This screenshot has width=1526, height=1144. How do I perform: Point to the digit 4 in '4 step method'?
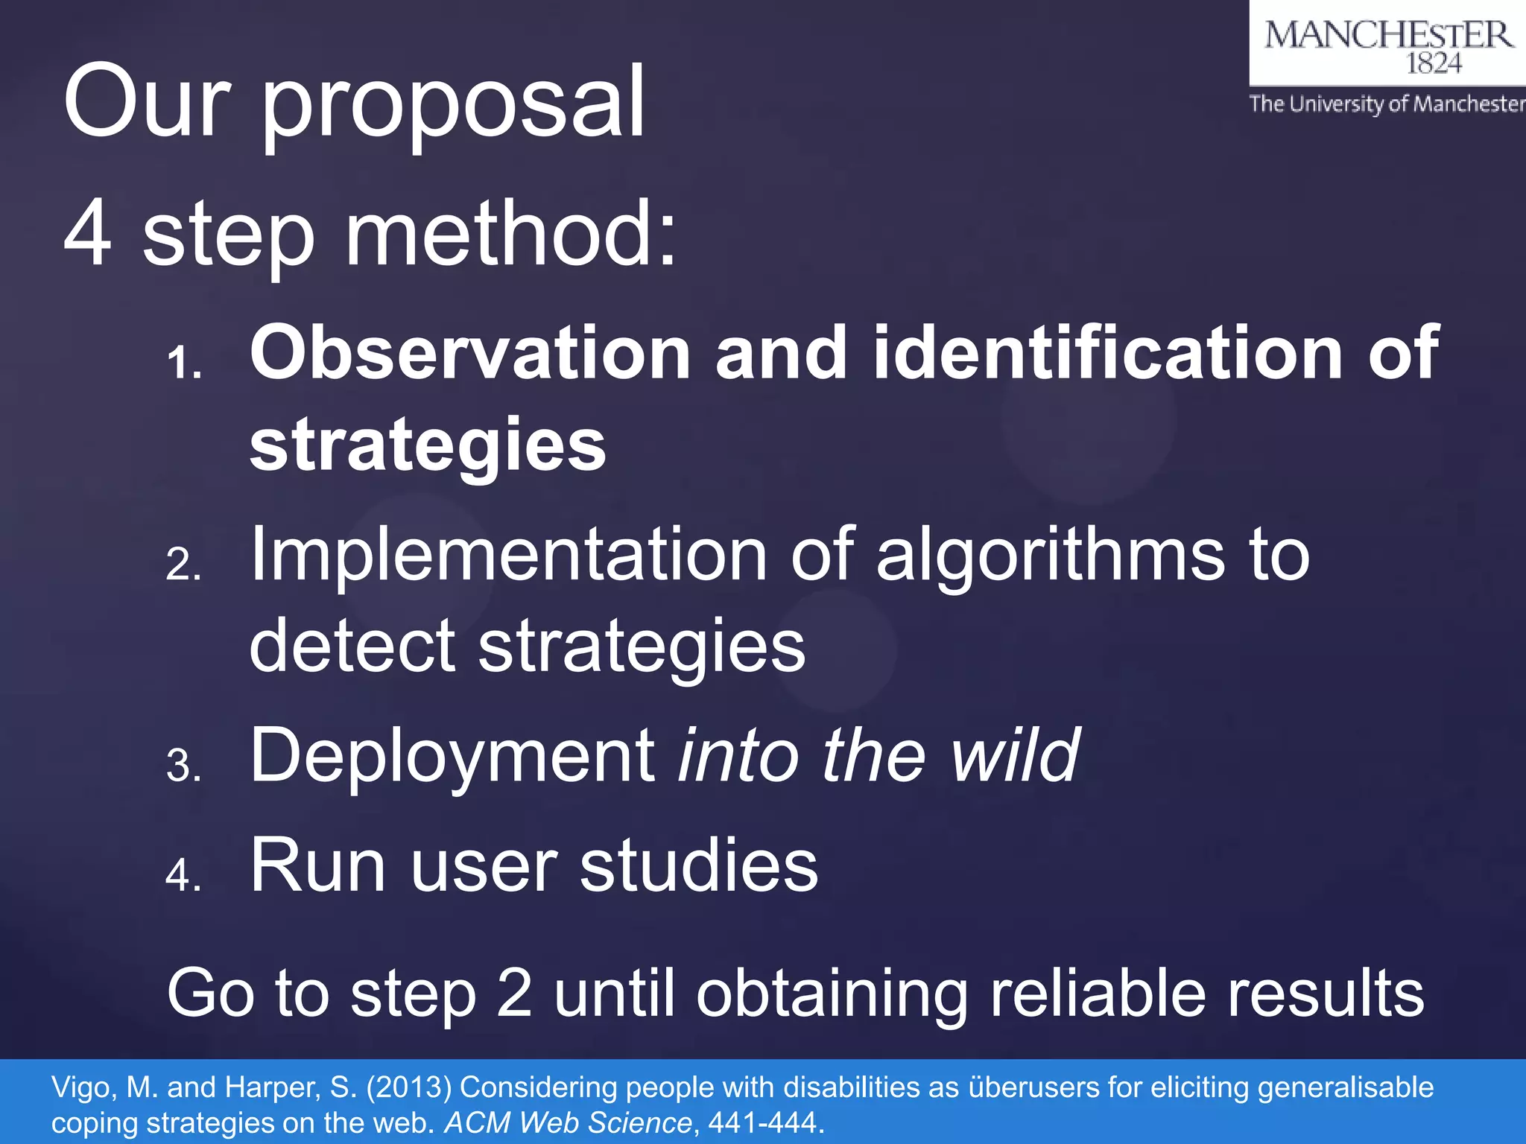click(88, 234)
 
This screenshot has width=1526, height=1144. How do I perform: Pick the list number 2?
click(183, 565)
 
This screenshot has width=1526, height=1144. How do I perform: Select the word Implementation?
click(508, 556)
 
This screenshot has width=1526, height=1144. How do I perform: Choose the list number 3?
click(183, 766)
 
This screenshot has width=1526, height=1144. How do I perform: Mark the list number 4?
click(183, 875)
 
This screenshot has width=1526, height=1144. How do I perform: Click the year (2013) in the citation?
click(408, 1088)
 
